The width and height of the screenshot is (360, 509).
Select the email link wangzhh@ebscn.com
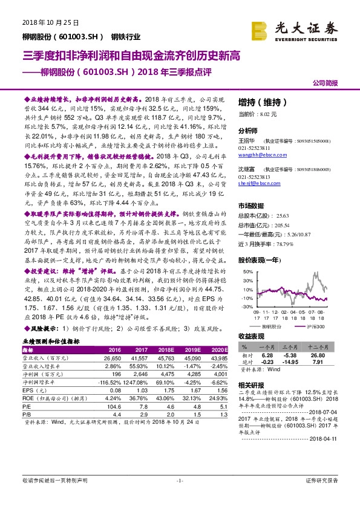259,155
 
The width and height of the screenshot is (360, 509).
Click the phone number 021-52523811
254,148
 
